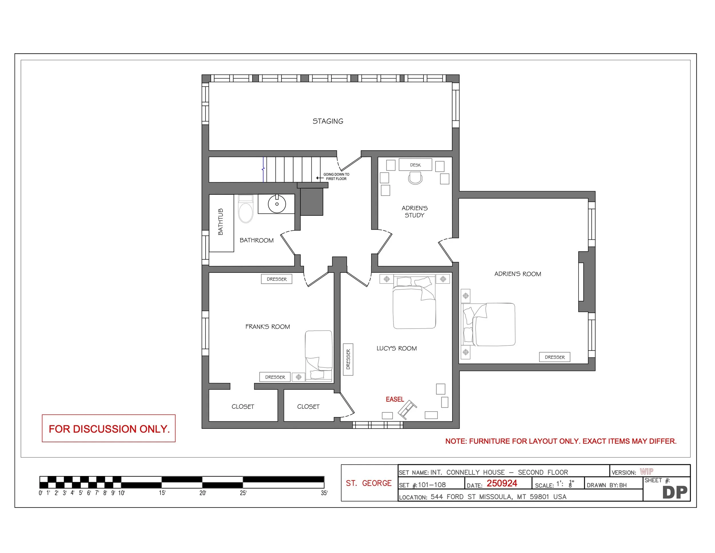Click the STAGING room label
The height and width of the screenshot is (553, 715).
click(328, 121)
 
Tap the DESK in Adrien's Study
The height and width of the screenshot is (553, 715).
click(415, 165)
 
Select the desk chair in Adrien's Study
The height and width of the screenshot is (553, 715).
click(415, 179)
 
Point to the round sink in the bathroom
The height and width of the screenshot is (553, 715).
click(277, 204)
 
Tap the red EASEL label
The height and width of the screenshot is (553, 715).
click(394, 399)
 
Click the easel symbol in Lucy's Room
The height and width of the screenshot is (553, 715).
click(407, 410)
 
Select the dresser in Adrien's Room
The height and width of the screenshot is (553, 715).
click(555, 357)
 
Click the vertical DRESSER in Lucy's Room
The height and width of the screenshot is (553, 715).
click(348, 360)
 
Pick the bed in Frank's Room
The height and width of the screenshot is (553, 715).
click(319, 355)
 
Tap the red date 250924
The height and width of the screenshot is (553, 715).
click(502, 483)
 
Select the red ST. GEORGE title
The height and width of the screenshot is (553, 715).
click(369, 483)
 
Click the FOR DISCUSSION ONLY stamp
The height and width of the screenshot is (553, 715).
click(109, 429)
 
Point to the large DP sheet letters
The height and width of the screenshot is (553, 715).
click(674, 492)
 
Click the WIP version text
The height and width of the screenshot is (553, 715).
click(647, 471)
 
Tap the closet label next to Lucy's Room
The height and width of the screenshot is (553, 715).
click(308, 406)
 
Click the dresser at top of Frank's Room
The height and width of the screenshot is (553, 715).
click(276, 279)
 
